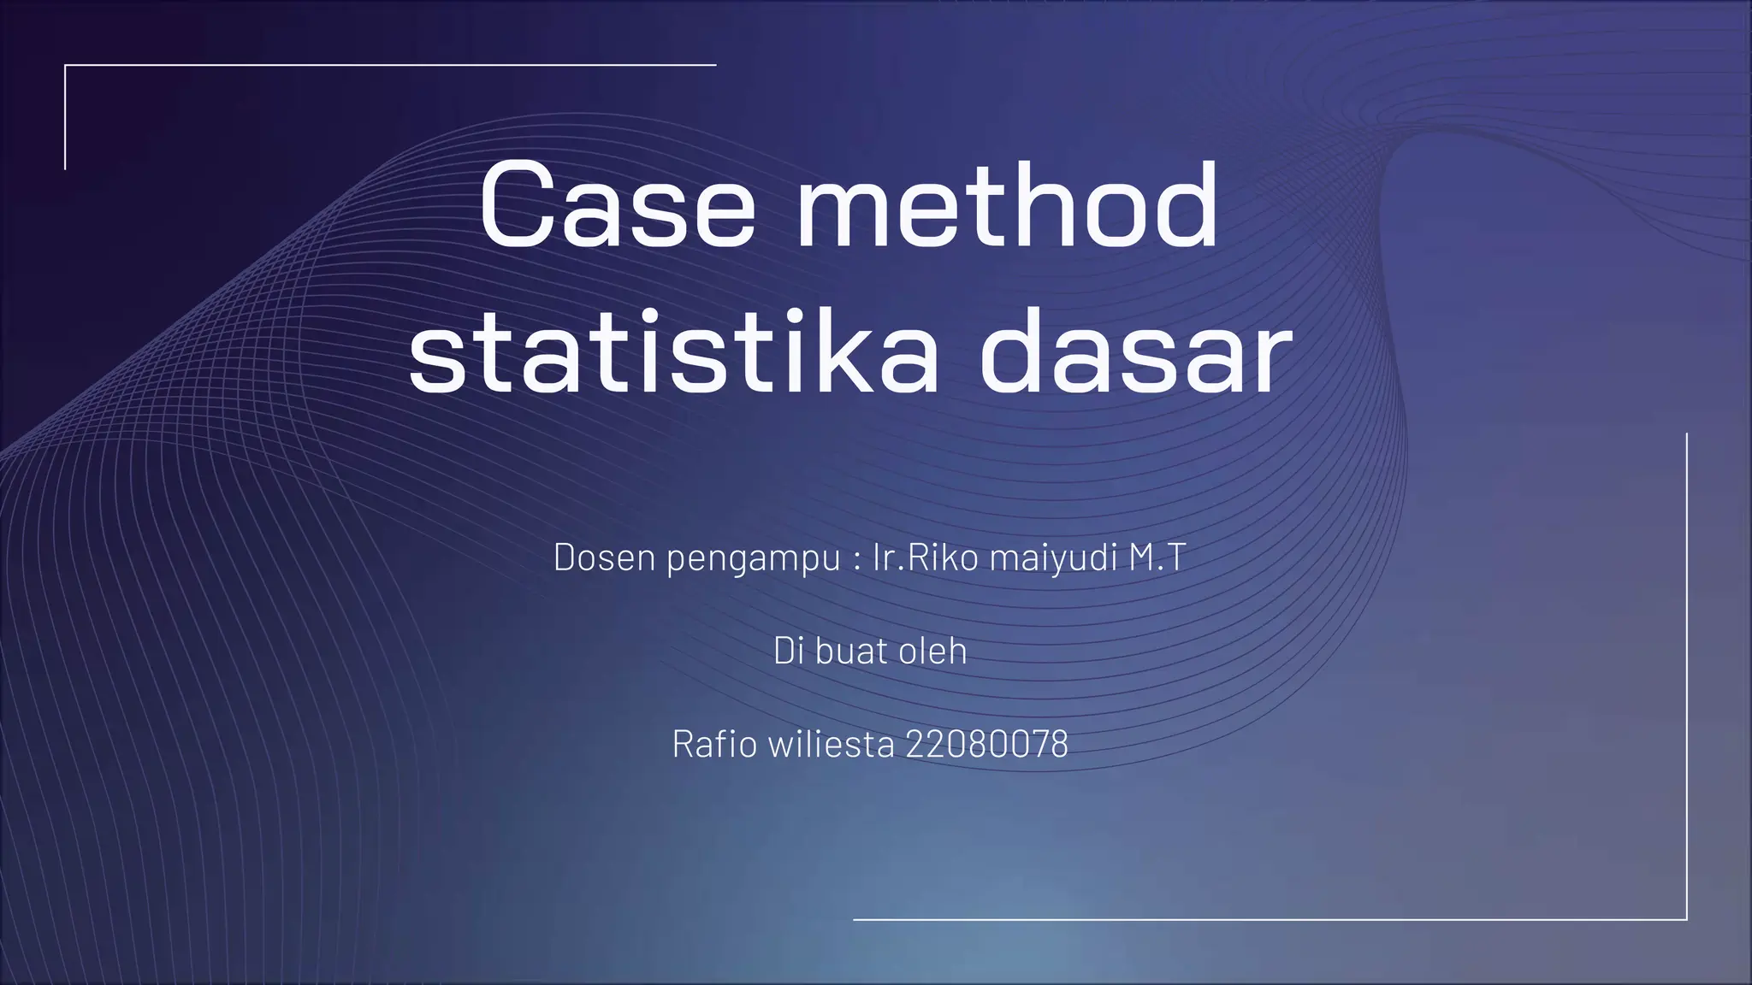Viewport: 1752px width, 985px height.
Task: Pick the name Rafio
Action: (x=714, y=744)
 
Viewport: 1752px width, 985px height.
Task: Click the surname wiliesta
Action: (x=831, y=744)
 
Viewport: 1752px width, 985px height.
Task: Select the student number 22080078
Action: (x=986, y=744)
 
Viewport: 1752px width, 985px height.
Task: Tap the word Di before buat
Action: (x=788, y=651)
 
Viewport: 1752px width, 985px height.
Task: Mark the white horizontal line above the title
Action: (x=390, y=64)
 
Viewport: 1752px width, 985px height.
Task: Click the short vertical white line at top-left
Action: (x=65, y=117)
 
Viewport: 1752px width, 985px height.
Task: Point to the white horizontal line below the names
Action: (x=1270, y=920)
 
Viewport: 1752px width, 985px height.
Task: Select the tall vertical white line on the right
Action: (x=1686, y=675)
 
